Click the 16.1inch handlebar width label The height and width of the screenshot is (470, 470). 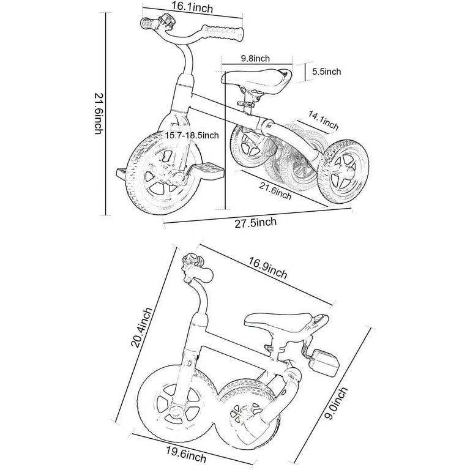pyautogui.click(x=192, y=7)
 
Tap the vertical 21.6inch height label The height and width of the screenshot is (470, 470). pyautogui.click(x=99, y=114)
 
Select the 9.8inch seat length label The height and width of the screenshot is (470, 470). pyautogui.click(x=255, y=58)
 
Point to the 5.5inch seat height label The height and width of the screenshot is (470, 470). pyautogui.click(x=326, y=72)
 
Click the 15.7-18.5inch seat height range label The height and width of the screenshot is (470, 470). pyautogui.click(x=192, y=135)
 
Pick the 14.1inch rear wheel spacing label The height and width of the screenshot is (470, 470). pyautogui.click(x=323, y=121)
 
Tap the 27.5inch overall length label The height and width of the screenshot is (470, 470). pyautogui.click(x=255, y=222)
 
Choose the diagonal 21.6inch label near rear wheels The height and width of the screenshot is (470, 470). pyautogui.click(x=275, y=191)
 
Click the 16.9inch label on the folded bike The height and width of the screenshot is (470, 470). pyautogui.click(x=267, y=267)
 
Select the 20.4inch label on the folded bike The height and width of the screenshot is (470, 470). pyautogui.click(x=141, y=327)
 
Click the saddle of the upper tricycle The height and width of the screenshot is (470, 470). pyautogui.click(x=256, y=80)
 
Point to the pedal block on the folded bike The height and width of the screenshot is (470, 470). pyautogui.click(x=324, y=362)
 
